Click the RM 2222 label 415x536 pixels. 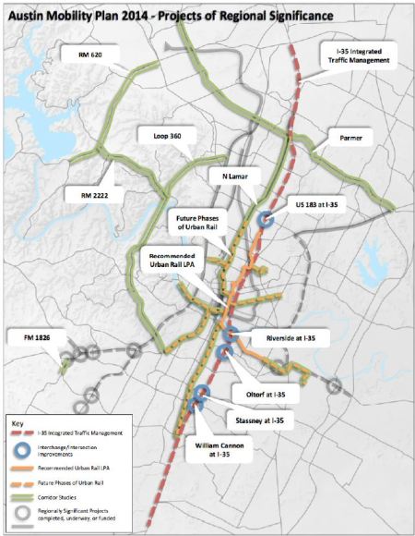click(89, 194)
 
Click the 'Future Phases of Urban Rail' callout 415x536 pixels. click(199, 224)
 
